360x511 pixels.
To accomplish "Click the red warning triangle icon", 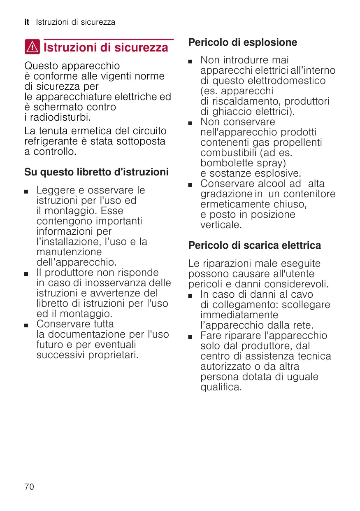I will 32,48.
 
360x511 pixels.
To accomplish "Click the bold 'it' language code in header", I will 27,22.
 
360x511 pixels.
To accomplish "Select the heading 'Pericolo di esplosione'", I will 242,42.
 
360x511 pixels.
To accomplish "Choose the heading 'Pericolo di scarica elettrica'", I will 254,245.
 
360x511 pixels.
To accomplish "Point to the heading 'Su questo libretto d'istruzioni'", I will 96,172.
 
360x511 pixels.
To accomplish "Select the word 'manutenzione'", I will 69,252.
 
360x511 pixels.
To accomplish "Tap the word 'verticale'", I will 221,225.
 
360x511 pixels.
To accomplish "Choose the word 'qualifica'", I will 221,387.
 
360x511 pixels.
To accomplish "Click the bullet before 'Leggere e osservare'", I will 26,191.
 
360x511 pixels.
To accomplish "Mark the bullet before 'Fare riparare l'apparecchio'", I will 190,336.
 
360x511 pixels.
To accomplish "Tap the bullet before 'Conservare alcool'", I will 190,184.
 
